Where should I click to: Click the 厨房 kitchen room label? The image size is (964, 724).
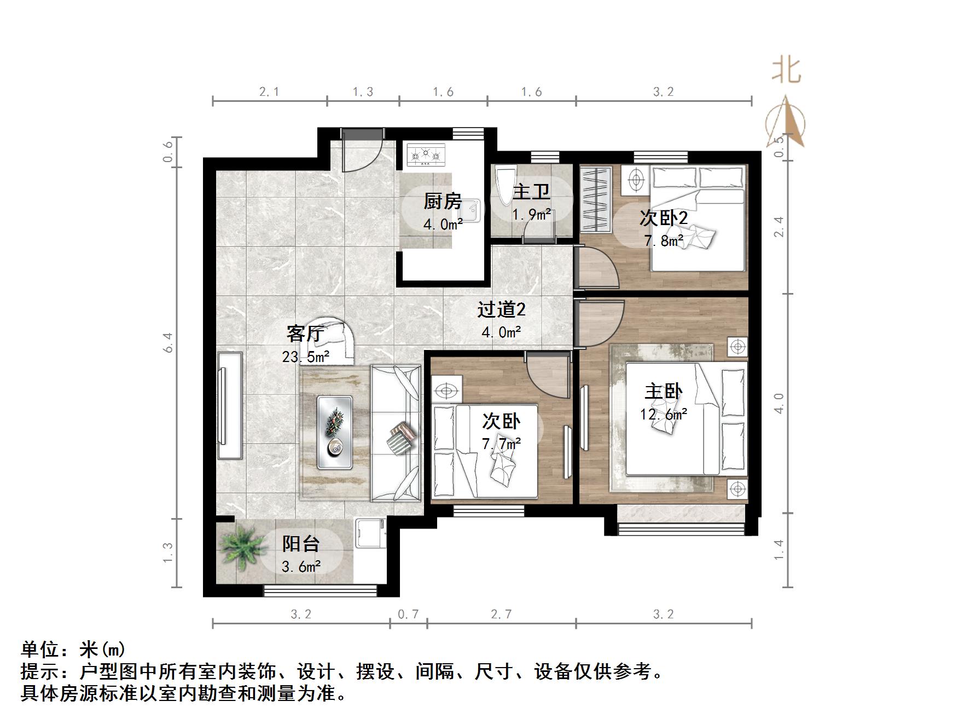point(442,202)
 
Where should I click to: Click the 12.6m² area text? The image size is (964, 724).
point(663,414)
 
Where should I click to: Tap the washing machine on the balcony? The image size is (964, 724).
point(371,533)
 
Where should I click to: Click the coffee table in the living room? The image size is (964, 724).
point(335,432)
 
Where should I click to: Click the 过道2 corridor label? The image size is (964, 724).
point(501,310)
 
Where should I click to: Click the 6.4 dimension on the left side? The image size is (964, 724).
point(169,342)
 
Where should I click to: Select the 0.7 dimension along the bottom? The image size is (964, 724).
point(408,614)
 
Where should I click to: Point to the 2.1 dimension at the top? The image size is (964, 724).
point(269,92)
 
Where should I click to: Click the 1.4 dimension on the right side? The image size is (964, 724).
point(779,549)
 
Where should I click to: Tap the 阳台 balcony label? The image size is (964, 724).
point(301,544)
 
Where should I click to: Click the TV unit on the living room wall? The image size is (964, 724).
point(229,405)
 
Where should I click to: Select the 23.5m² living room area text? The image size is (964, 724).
point(305,357)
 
